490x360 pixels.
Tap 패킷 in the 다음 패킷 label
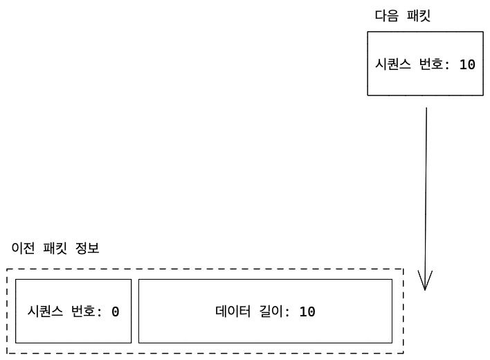pos(419,16)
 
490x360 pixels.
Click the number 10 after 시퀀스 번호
pos(467,64)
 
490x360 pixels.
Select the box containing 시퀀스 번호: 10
pos(425,83)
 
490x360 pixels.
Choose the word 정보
pos(89,248)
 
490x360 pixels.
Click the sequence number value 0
pos(116,312)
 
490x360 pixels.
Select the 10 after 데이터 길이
pos(307,312)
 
